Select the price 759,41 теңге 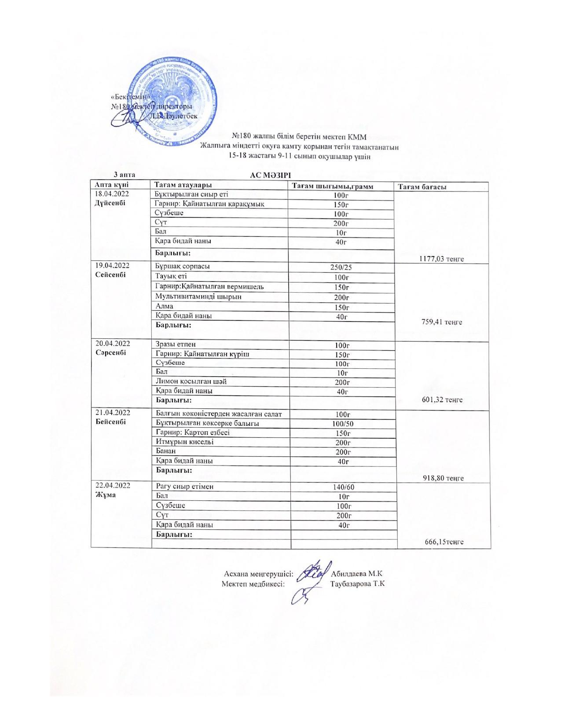tap(442, 322)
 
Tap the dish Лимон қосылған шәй tap(191, 381)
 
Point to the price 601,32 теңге tap(442, 400)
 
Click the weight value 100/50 tap(342, 424)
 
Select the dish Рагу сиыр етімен tap(185, 487)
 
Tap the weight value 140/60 tap(342, 487)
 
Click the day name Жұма tap(106, 495)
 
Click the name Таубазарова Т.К tap(357, 584)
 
